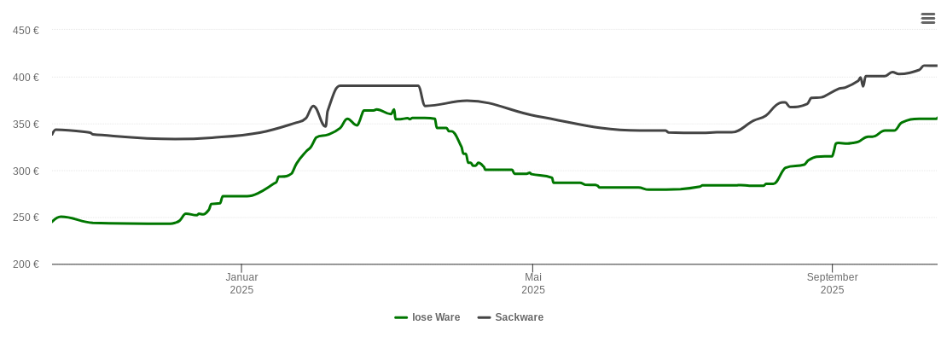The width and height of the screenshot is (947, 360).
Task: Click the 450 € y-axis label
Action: click(26, 31)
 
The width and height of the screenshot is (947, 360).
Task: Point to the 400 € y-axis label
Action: click(26, 78)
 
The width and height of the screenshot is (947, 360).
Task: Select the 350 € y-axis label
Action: click(26, 125)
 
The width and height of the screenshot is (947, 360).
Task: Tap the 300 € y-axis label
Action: click(26, 171)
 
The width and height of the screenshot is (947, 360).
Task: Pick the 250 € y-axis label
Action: click(26, 218)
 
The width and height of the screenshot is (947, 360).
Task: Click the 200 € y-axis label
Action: click(26, 264)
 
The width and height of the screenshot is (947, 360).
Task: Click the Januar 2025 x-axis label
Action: click(241, 283)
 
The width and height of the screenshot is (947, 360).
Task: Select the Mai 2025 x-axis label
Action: click(533, 283)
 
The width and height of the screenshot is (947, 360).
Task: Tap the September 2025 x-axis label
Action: click(832, 283)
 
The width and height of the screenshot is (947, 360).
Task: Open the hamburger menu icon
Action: click(928, 18)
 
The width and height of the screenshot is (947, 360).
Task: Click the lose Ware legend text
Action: click(436, 317)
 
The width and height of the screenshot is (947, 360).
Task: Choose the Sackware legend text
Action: click(519, 317)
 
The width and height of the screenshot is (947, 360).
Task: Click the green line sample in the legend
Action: click(401, 317)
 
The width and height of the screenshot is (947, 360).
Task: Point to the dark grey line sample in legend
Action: click(485, 317)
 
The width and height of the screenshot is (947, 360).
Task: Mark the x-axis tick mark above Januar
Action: click(241, 268)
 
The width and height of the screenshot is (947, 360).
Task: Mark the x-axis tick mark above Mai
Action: click(532, 268)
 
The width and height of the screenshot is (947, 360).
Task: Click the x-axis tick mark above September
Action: click(832, 268)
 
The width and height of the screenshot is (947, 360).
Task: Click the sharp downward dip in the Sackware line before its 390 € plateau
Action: click(325, 126)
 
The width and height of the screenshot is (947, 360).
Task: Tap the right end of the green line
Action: click(937, 119)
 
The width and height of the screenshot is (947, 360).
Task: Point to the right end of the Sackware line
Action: click(937, 66)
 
